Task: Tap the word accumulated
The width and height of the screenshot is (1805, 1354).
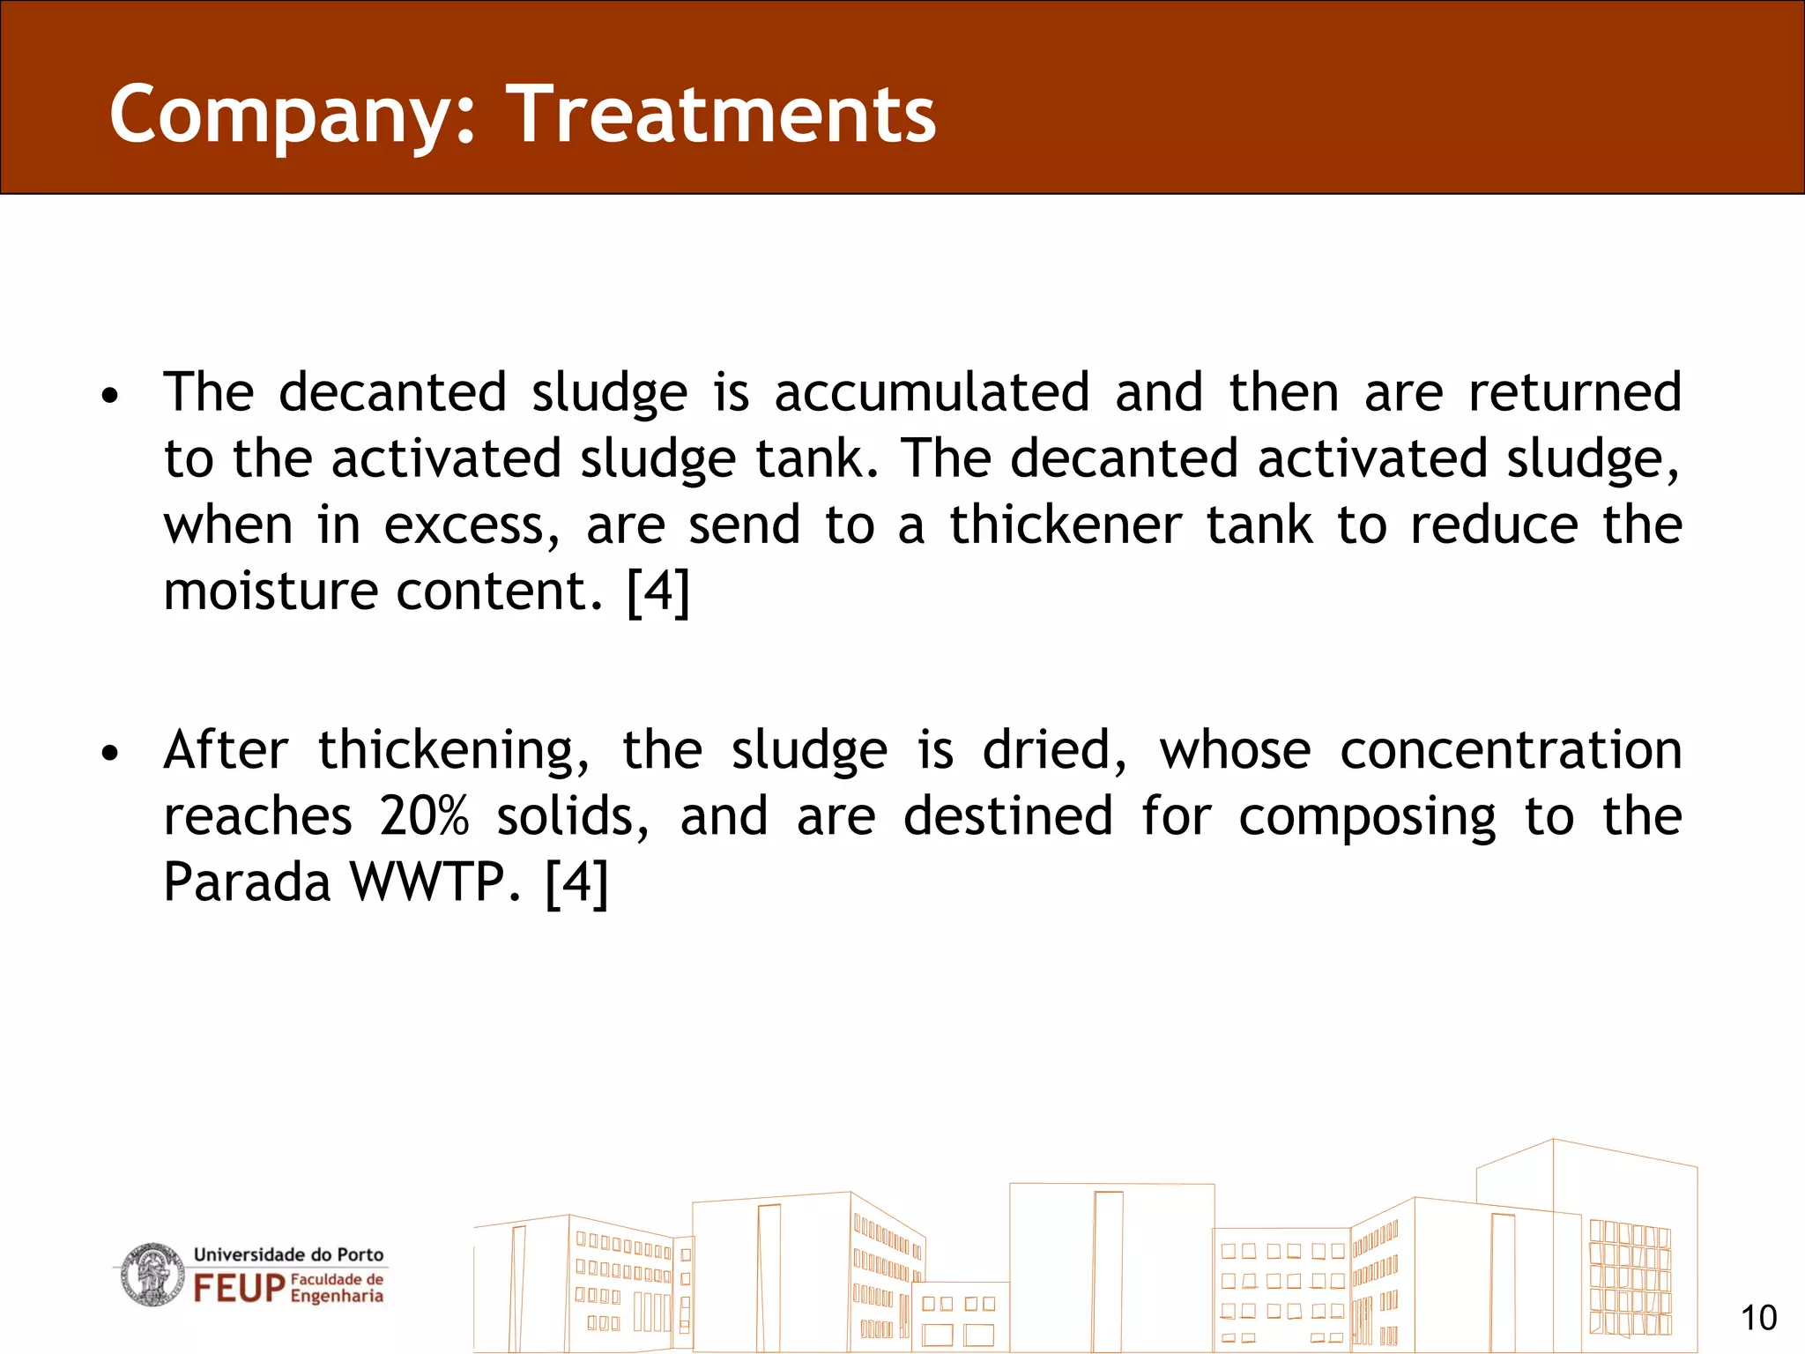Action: click(932, 392)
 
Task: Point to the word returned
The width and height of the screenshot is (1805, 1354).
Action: click(1574, 392)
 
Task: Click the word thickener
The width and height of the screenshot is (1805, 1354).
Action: click(1065, 525)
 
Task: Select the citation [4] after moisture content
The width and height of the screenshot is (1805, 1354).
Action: click(657, 591)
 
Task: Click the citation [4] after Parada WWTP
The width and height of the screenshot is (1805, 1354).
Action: click(576, 882)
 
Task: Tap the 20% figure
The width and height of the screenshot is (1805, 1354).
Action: click(424, 817)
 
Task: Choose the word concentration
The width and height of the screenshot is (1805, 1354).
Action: click(1511, 751)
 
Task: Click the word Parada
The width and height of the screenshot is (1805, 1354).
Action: click(247, 882)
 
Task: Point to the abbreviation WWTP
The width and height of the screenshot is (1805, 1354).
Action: click(435, 882)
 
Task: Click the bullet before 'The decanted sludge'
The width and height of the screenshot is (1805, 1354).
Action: click(109, 396)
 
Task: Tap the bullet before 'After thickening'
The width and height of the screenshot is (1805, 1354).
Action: click(109, 754)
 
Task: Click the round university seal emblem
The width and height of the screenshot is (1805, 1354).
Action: click(153, 1275)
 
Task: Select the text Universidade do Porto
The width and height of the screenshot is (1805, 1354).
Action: click(288, 1254)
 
